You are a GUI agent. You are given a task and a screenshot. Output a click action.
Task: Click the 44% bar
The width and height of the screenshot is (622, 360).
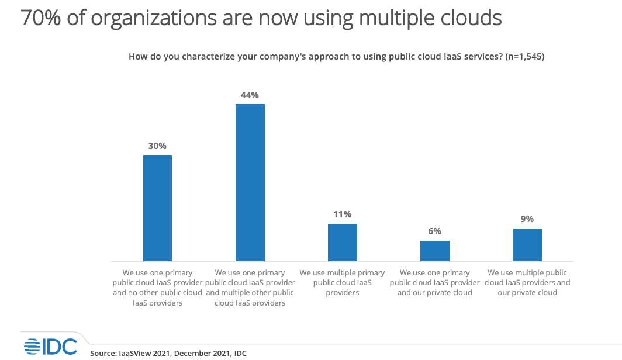[x=250, y=182]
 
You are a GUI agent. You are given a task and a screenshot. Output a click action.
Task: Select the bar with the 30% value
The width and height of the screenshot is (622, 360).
[x=157, y=208]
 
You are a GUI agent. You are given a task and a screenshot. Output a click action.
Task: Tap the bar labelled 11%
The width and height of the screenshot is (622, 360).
[x=343, y=242]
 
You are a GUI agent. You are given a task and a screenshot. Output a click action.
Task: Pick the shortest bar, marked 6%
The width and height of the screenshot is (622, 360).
[x=435, y=251]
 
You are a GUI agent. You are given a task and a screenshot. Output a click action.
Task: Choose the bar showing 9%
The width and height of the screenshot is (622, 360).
[x=527, y=244]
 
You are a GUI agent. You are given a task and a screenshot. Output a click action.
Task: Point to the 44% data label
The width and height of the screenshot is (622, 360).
[x=250, y=95]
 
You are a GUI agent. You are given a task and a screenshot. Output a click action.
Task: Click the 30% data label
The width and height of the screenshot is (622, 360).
[x=157, y=146]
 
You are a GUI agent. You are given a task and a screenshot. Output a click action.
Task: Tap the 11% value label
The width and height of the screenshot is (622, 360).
[x=343, y=214]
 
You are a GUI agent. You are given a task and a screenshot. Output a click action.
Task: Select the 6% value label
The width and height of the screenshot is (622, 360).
[x=435, y=231]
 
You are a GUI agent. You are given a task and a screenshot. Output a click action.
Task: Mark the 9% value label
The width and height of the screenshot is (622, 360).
[x=527, y=219]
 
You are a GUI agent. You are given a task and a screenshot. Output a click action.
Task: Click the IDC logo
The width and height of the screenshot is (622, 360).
[x=50, y=347]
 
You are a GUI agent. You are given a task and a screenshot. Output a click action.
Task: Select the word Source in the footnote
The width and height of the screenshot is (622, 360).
[x=103, y=353]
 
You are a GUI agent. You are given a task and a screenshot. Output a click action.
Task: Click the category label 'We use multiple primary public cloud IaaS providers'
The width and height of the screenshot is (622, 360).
[x=343, y=282]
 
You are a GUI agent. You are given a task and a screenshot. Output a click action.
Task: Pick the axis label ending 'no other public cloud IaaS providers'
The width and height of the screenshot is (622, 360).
[x=157, y=288]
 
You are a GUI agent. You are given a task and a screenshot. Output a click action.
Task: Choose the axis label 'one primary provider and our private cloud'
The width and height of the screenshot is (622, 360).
[x=435, y=282]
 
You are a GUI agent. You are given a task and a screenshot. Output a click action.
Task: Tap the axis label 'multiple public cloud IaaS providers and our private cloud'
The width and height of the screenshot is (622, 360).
[x=527, y=282]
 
